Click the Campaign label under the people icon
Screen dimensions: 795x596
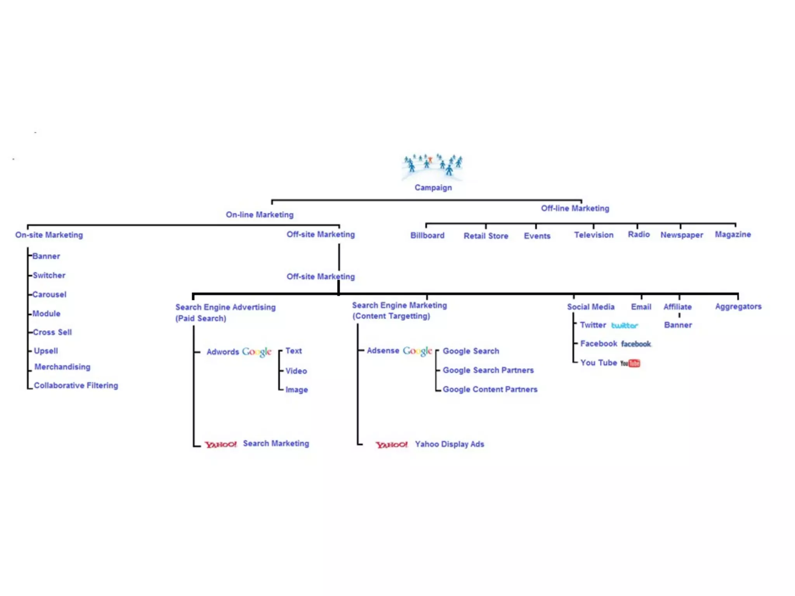433,188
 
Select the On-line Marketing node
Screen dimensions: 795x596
260,215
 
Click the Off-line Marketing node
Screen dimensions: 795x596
575,208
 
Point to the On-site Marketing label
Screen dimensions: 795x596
49,235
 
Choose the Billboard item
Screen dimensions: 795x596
427,236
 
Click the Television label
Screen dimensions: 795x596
594,235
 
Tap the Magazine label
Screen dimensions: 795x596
733,234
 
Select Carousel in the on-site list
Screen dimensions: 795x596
49,295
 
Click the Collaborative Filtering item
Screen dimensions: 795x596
76,385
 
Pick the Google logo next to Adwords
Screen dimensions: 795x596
257,352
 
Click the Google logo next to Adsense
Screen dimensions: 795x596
417,351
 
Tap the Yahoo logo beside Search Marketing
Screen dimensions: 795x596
220,444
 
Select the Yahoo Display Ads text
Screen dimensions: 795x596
450,444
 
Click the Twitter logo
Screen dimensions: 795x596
624,326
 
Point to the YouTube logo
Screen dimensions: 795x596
630,363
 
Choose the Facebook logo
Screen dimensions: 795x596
636,344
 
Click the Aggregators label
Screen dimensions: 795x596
738,307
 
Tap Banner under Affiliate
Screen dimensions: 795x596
678,325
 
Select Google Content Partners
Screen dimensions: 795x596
490,389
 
